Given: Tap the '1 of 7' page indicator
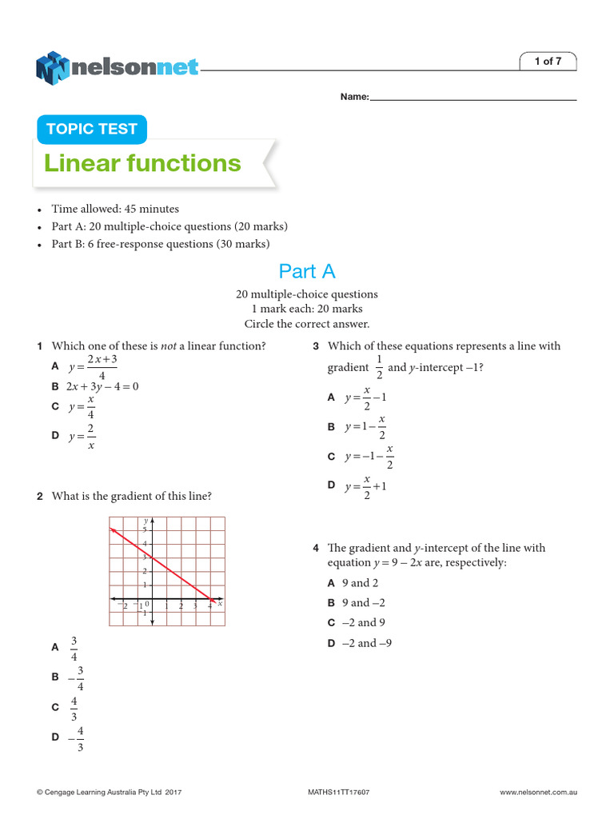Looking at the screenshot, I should point(548,62).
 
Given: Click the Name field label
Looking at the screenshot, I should point(354,97).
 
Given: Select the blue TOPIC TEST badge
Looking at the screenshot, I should point(92,130).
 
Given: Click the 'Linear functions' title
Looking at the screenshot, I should point(142,163).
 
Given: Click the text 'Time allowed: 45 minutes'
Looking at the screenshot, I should point(115,209).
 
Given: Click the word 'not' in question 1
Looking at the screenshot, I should point(168,346).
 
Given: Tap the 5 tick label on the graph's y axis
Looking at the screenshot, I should point(145,529).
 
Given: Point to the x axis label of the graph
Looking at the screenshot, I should point(220,604).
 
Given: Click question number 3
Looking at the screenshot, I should point(317,346).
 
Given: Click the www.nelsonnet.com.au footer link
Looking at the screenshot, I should point(538,792).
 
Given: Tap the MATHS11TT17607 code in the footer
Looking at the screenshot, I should point(338,792).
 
